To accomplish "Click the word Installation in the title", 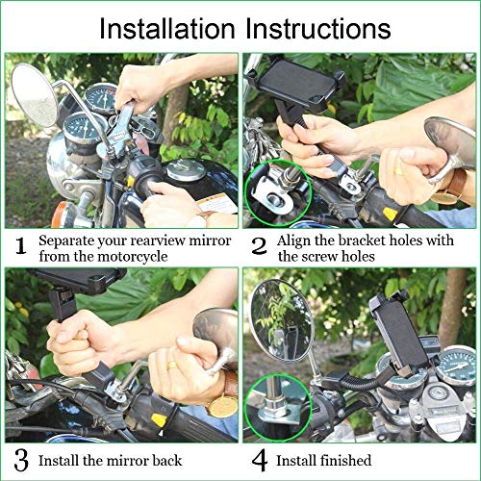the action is [167, 29].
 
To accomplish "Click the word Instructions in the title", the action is [318, 29].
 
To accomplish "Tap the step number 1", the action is [21, 246].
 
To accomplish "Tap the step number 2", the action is [259, 246].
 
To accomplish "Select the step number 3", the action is [21, 461].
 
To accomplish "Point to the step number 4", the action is [260, 461].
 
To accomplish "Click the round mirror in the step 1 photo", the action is [35, 95].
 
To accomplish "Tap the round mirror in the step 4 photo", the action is [282, 320].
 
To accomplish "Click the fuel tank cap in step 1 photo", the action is [187, 169].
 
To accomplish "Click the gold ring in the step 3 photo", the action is [172, 366].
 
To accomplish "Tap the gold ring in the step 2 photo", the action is [398, 171].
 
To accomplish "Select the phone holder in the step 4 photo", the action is [398, 333].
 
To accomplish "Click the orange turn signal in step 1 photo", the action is [60, 215].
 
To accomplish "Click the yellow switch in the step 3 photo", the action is [159, 420].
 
